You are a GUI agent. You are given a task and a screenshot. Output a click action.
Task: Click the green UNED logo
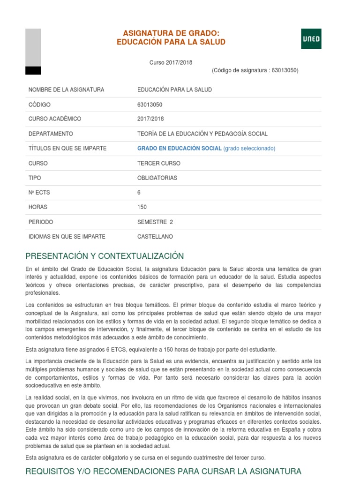tap(311, 38)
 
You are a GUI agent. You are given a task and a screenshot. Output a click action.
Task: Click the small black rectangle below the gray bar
tap(33, 70)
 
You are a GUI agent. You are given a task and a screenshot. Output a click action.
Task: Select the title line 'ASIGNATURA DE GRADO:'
tap(171, 33)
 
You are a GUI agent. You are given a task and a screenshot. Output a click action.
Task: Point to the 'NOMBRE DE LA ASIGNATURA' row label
tap(66, 90)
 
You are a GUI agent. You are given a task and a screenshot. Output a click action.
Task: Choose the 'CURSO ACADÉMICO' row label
tap(55, 119)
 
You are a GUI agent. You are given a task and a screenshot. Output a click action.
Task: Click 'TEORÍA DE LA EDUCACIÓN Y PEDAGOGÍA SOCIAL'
tap(202, 134)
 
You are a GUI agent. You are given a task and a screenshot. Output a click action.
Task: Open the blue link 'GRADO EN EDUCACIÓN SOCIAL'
tap(179, 148)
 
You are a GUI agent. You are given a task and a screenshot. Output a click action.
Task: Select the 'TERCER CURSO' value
tap(158, 163)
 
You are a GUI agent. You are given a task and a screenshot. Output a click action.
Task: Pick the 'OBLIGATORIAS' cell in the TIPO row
tap(157, 178)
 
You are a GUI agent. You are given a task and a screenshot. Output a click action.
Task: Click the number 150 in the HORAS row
tap(142, 207)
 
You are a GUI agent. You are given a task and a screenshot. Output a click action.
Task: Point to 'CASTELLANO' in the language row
tap(155, 236)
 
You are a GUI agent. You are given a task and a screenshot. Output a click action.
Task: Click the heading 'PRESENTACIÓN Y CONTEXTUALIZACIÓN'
tap(105, 256)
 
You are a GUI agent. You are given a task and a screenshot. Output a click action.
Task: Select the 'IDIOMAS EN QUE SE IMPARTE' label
tap(67, 236)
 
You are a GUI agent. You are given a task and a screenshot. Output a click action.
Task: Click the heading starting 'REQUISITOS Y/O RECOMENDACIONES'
tap(163, 471)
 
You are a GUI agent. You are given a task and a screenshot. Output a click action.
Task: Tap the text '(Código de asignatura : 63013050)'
tap(255, 70)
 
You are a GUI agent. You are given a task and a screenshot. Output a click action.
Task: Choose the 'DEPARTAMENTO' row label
tap(51, 134)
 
